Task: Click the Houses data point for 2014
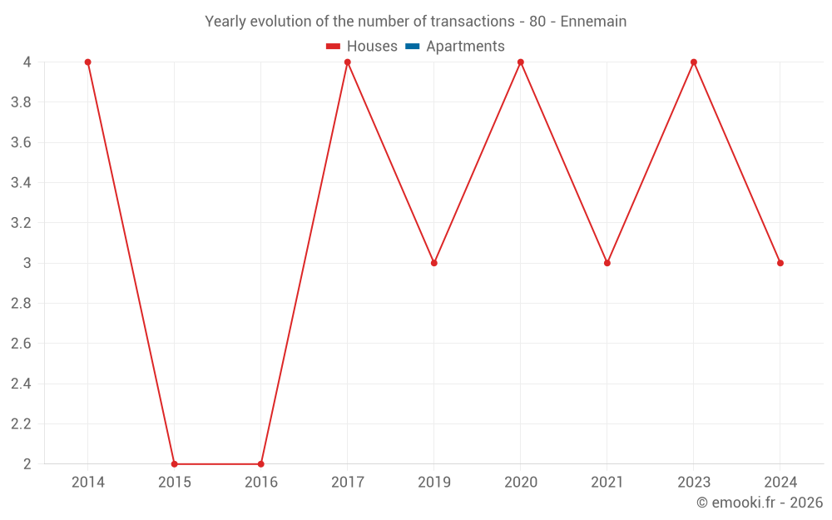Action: click(87, 62)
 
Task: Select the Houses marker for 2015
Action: click(174, 463)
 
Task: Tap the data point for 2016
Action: click(260, 463)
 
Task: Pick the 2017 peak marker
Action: click(347, 62)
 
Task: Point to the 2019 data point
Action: click(433, 263)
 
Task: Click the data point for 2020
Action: click(520, 62)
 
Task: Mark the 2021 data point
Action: click(607, 263)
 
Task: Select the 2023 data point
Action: click(693, 62)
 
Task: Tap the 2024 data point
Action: click(780, 263)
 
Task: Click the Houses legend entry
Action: click(372, 47)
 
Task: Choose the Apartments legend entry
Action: click(465, 47)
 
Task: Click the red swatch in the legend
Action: click(334, 47)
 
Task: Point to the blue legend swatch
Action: click(412, 47)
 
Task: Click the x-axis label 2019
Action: click(433, 483)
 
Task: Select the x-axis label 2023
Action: click(693, 483)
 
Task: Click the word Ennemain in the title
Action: click(593, 22)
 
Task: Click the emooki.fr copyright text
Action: click(760, 503)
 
